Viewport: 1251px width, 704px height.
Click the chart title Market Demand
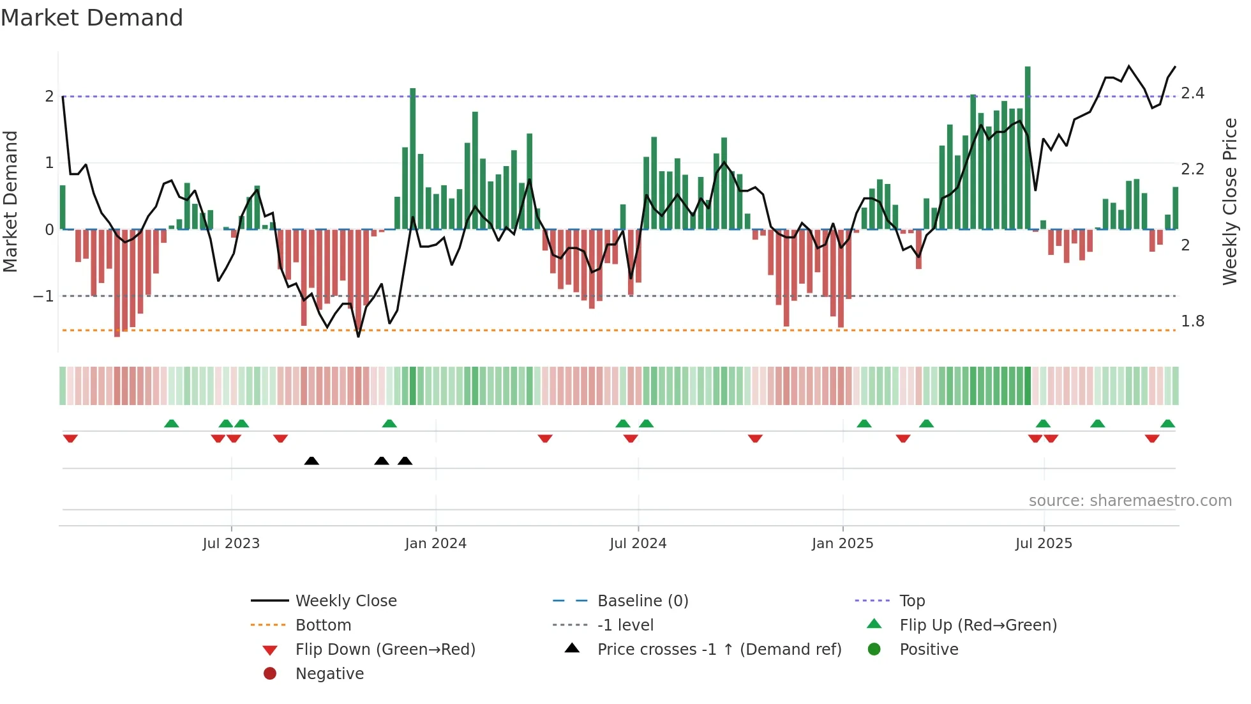pos(92,18)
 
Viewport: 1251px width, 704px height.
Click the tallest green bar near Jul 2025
pos(1028,147)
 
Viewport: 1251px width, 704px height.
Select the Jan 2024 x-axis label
pos(435,544)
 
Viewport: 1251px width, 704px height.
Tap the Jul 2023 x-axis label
pos(231,544)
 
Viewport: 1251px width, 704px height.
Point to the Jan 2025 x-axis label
pos(843,544)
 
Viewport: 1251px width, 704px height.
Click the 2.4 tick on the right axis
pos(1192,93)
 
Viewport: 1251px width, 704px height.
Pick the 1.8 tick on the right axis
pos(1192,321)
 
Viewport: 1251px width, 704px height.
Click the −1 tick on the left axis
pos(43,296)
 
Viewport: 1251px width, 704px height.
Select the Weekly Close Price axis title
pos(1229,201)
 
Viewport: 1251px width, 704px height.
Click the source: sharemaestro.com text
pos(1130,501)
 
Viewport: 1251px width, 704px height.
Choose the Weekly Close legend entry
pos(345,601)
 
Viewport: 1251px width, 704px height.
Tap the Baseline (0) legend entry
pos(642,601)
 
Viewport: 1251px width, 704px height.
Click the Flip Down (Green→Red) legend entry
pos(385,650)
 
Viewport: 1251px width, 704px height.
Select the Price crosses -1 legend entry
pos(719,650)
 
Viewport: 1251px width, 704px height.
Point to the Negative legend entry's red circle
pos(270,674)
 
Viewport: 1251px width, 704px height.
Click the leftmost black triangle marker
pos(311,461)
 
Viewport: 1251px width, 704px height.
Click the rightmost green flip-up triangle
pos(1167,424)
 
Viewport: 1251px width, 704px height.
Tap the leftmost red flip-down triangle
pos(70,438)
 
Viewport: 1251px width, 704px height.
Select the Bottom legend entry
pos(323,625)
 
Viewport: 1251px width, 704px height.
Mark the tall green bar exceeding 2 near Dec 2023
pos(413,160)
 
